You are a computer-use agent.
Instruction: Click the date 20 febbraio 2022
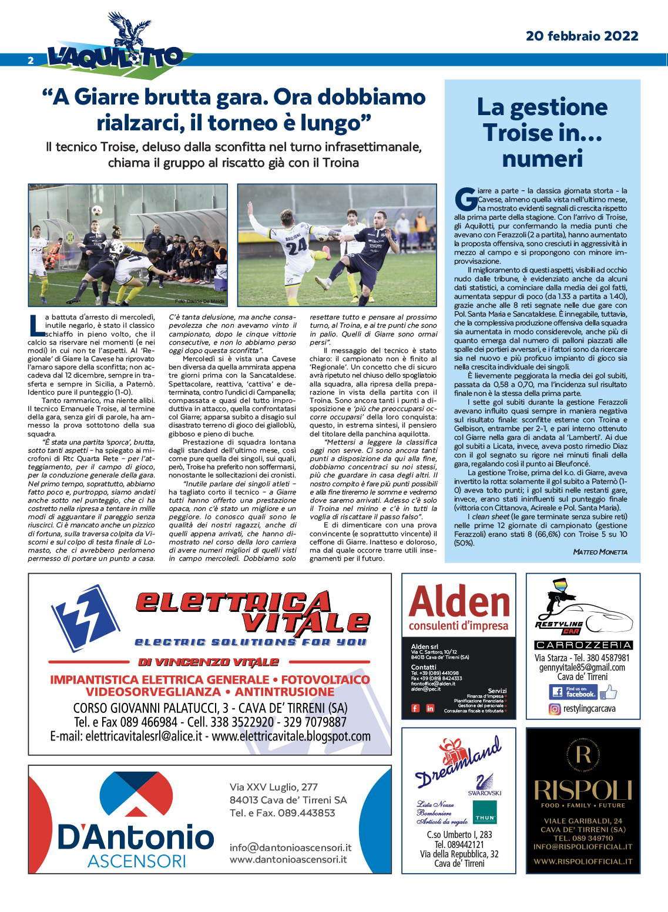pos(582,36)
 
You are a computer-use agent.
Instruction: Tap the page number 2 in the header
pos(31,60)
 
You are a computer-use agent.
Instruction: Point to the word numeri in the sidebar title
pos(542,159)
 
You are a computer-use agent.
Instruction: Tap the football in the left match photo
pos(97,210)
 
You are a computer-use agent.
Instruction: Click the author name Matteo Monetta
pos(600,552)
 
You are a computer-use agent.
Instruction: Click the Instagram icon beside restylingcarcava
pos(555,709)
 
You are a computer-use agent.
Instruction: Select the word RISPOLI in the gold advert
pos(583,790)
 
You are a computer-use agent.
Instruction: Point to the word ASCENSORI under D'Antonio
pos(136,861)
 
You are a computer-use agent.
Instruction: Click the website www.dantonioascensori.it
pos(288,859)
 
